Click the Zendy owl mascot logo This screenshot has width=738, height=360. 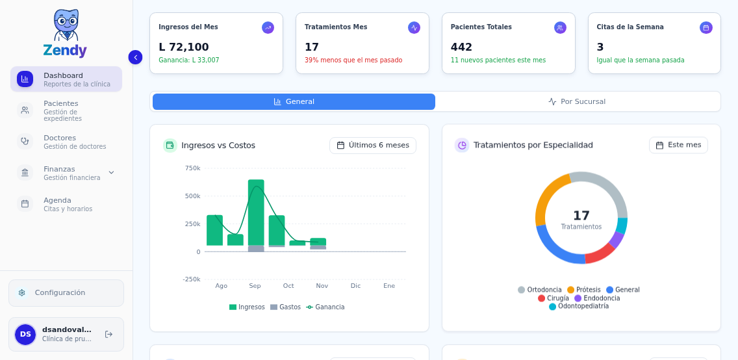65,25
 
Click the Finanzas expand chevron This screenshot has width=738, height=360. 111,173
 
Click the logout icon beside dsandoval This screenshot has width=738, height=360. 108,334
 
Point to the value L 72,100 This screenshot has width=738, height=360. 184,47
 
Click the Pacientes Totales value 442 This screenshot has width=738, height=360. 462,47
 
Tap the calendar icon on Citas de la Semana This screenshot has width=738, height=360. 706,27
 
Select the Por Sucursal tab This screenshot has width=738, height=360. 577,101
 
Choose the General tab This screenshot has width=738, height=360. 294,101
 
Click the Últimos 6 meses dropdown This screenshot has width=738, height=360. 373,146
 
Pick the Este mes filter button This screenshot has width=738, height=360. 678,145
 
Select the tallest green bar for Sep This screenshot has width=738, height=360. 256,212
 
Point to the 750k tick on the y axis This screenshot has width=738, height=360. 192,168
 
